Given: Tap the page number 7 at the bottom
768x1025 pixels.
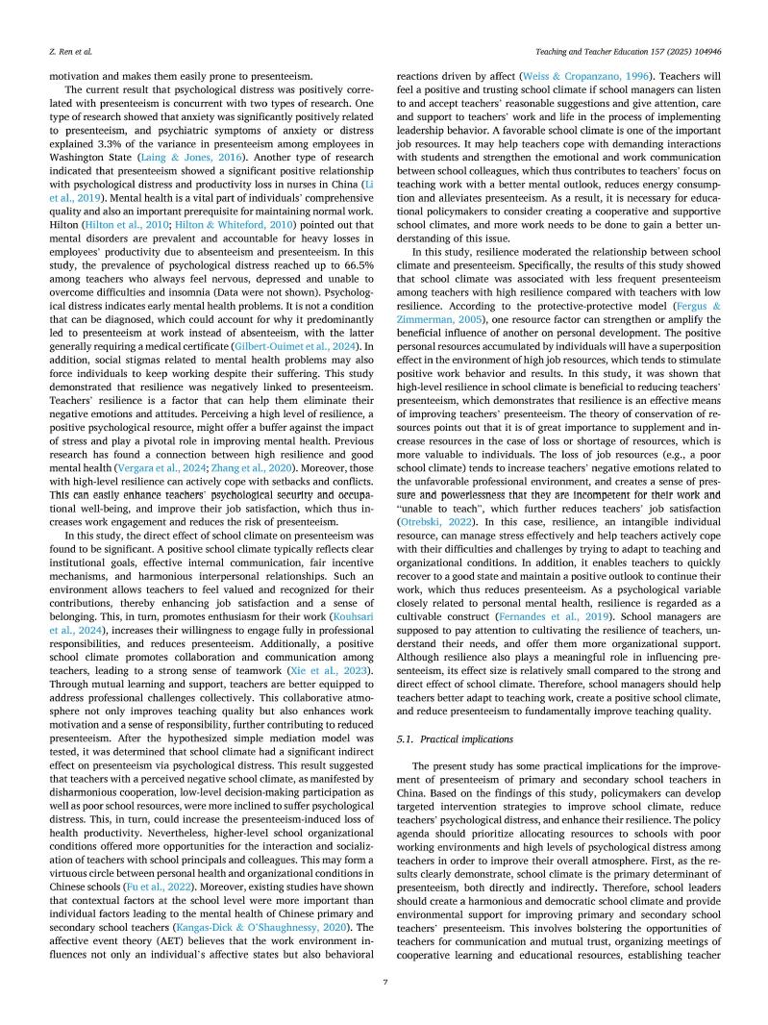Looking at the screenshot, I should click(384, 982).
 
